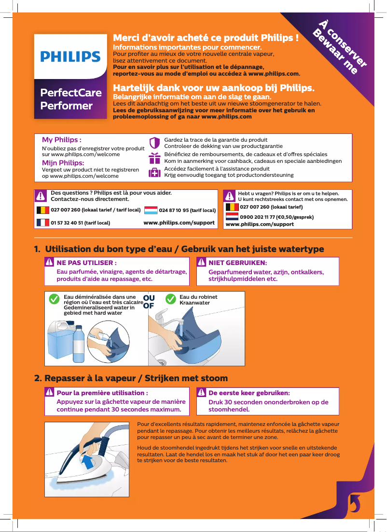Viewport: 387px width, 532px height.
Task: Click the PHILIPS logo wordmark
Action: point(70,57)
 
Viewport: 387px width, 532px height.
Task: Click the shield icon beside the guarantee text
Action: point(154,143)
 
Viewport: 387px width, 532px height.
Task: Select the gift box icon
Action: point(154,158)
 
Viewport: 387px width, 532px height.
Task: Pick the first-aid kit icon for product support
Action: point(154,173)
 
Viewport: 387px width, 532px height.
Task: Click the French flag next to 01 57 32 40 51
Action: point(43,223)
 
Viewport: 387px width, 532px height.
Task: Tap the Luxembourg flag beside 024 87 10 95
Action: point(151,210)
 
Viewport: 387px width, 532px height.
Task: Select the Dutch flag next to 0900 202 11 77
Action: point(232,217)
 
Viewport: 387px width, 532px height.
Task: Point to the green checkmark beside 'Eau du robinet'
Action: point(170,299)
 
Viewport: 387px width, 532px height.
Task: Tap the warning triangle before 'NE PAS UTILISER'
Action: point(49,263)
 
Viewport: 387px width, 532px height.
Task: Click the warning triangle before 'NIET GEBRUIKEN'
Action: point(201,263)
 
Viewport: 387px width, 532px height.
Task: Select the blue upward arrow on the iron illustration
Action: point(88,465)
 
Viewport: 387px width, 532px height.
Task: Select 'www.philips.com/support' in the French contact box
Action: point(179,223)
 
